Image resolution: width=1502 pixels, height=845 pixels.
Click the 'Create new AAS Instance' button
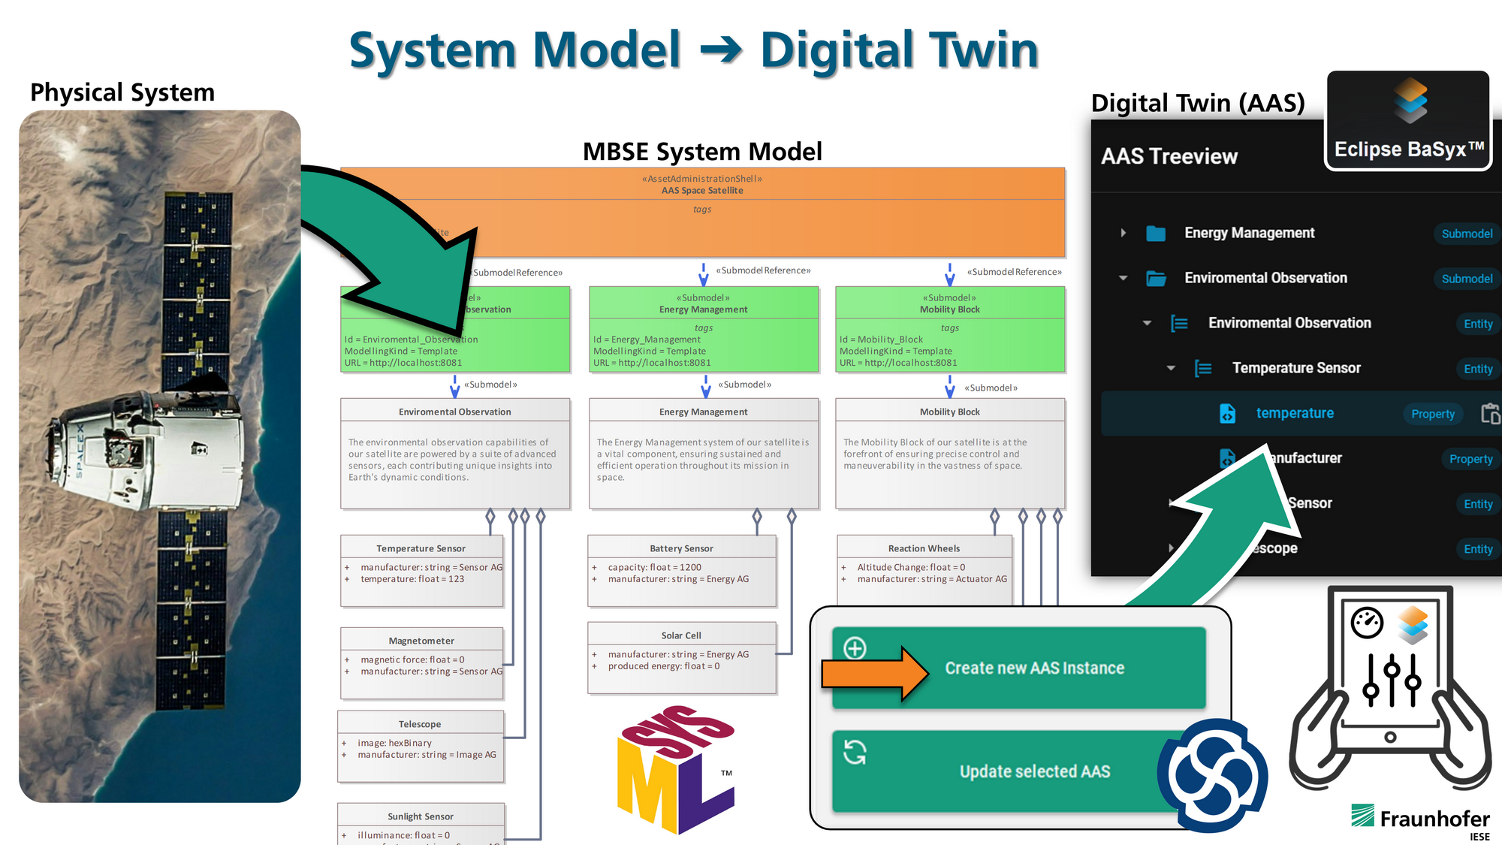click(x=1033, y=668)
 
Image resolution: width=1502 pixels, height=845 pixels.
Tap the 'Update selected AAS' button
click(x=1033, y=771)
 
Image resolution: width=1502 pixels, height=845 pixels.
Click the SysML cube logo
click(x=674, y=770)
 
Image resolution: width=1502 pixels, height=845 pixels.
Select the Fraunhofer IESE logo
click(x=1420, y=820)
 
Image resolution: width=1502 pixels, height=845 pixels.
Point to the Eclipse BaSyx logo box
click(x=1408, y=120)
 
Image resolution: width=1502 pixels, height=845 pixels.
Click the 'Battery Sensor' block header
click(x=681, y=548)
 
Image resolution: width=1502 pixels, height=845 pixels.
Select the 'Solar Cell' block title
click(x=680, y=635)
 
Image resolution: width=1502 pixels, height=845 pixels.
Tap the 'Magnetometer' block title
click(x=421, y=641)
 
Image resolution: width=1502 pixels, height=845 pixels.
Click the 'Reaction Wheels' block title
click(x=924, y=548)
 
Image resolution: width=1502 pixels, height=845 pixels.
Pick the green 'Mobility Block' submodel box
click(x=949, y=330)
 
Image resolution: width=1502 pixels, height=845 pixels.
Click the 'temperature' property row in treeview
click(x=1295, y=413)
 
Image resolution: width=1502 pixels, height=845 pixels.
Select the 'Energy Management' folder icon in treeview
click(x=1156, y=234)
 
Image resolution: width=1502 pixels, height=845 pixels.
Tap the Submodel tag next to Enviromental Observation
click(x=1466, y=279)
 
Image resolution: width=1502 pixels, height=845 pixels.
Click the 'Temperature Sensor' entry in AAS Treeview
click(x=1295, y=368)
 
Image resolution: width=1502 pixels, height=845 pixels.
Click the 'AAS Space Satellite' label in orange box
click(x=702, y=191)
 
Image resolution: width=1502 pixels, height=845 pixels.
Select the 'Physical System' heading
click(x=122, y=92)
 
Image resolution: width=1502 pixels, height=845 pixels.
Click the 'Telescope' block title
click(x=420, y=724)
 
